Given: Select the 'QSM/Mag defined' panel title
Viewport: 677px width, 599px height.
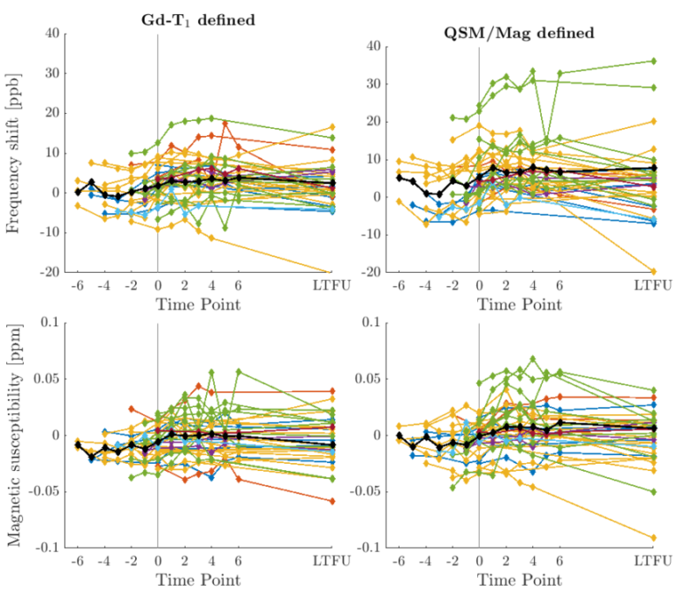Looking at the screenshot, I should pos(518,33).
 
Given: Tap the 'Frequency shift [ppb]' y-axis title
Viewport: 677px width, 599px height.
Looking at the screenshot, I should pos(15,153).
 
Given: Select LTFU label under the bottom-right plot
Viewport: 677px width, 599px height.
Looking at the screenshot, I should pos(653,562).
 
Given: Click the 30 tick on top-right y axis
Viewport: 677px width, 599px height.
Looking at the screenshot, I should pos(370,83).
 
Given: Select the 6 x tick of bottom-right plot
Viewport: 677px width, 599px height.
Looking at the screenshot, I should pos(560,562).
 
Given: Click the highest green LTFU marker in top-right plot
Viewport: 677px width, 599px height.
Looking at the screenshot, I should pos(653,61).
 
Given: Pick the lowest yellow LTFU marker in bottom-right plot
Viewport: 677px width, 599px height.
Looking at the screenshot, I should pos(653,537).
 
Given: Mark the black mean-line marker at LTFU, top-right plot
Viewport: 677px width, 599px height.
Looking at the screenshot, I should pos(653,167).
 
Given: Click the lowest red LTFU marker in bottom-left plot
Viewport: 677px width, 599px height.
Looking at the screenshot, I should pos(332,501).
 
